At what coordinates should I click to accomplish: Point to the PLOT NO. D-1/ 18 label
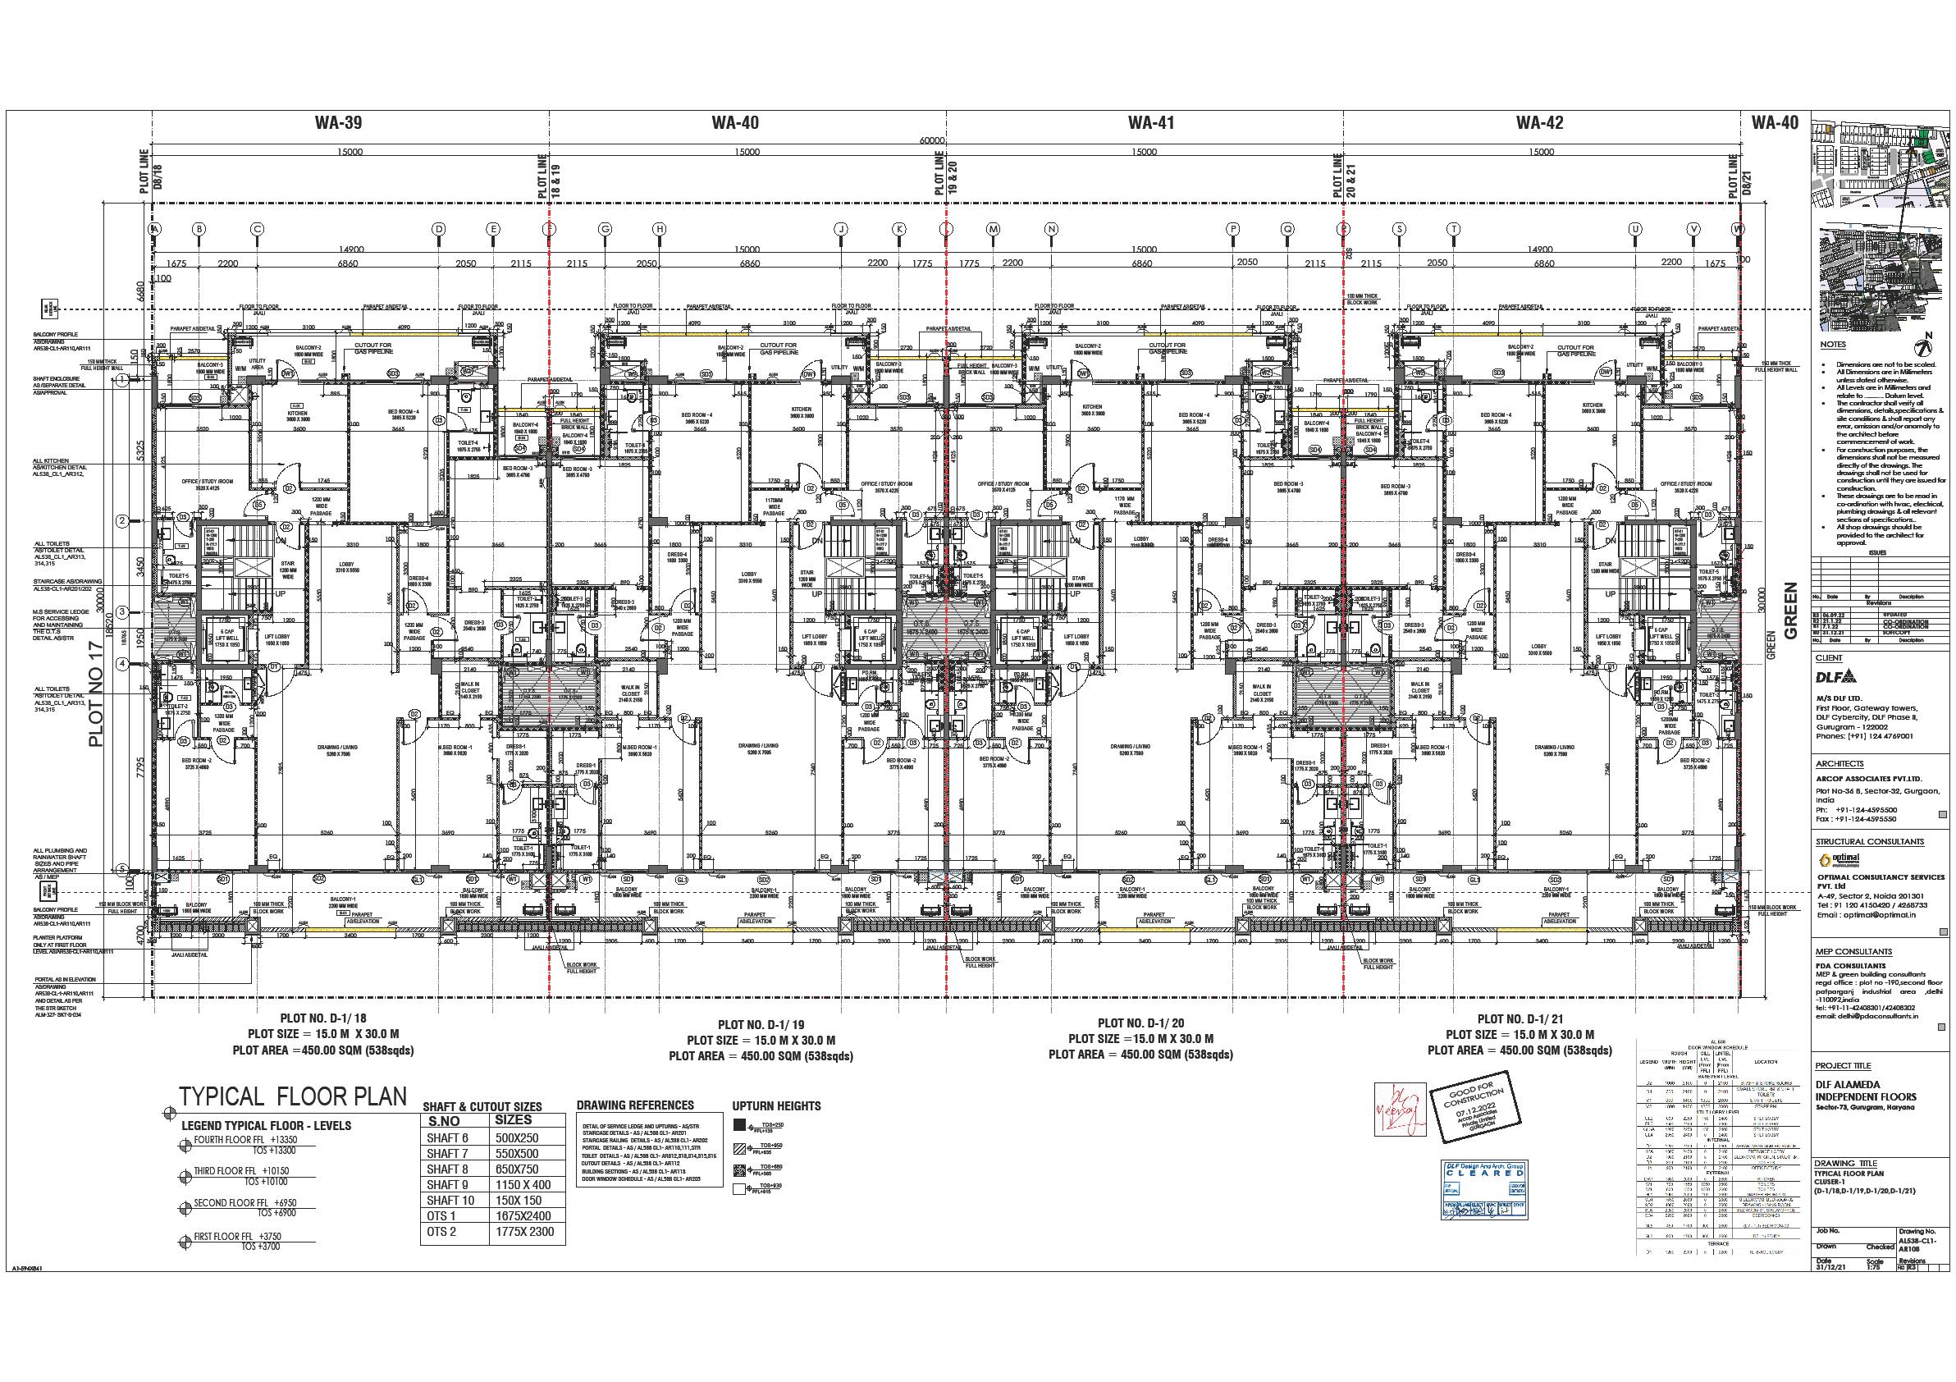click(324, 1018)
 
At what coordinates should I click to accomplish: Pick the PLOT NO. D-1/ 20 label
click(1140, 1023)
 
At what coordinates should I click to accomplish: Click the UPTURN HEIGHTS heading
click(776, 1106)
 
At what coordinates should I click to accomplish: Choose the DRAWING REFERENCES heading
click(635, 1105)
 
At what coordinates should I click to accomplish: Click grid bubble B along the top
click(199, 228)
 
